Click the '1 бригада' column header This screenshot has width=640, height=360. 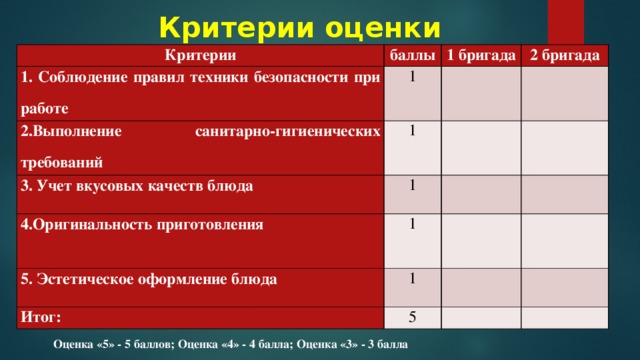[480, 54]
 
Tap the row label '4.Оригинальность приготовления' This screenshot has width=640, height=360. [136, 223]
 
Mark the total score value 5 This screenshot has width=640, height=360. [412, 318]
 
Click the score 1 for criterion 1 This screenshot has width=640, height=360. [412, 77]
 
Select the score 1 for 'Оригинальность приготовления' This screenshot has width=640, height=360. [412, 223]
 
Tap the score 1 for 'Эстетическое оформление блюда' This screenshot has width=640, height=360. [412, 279]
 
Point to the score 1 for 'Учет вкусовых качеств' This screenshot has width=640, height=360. [412, 185]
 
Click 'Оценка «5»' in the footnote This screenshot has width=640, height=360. [86, 344]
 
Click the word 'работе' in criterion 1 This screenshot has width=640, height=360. [46, 106]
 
